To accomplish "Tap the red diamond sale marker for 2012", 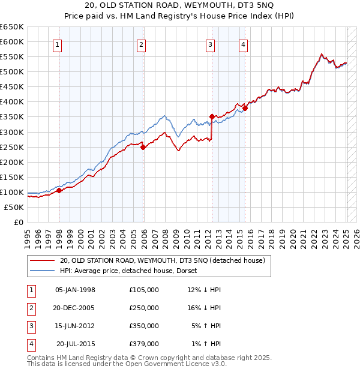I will point(212,116).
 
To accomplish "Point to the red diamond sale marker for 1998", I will point(59,190).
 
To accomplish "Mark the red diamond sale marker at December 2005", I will point(143,147).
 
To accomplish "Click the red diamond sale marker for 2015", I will point(245,108).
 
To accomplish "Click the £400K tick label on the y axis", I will point(12,102).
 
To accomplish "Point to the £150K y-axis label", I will point(12,177).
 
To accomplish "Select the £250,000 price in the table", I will point(144,308).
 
